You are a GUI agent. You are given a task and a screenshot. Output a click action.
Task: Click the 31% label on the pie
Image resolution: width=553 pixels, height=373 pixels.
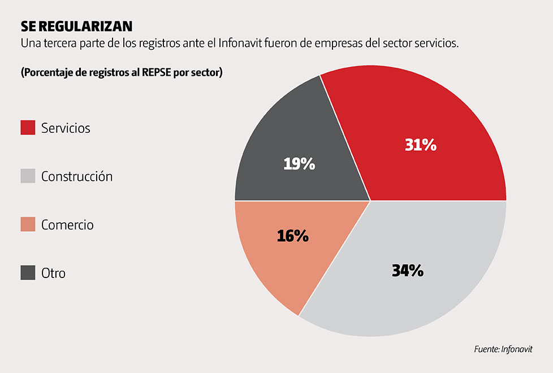click(421, 145)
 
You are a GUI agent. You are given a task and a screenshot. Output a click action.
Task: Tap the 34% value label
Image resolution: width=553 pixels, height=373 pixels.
click(408, 271)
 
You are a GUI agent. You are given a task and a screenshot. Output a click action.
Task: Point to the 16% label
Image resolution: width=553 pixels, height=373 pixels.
click(293, 236)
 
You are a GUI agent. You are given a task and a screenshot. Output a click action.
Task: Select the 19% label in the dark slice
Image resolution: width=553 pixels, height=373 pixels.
click(299, 164)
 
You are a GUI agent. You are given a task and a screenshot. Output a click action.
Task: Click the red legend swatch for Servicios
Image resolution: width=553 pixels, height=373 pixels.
click(28, 128)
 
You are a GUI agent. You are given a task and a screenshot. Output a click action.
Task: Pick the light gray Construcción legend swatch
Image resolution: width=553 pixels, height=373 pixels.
click(28, 176)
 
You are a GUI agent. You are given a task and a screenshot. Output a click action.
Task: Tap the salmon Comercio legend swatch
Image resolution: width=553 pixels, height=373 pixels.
click(28, 225)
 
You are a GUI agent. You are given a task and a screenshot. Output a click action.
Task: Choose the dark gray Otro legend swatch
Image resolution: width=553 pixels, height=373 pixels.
click(28, 274)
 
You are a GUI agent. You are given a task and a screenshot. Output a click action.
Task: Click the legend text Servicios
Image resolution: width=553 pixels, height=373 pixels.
click(66, 128)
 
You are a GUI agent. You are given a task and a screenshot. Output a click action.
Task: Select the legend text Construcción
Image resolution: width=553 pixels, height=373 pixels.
click(77, 176)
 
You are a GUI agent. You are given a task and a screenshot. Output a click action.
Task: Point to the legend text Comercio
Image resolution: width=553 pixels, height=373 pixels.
click(67, 225)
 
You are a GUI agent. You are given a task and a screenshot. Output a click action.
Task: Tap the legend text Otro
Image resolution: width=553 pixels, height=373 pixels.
click(53, 274)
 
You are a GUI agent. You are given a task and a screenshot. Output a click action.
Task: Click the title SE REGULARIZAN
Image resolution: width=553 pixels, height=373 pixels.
click(76, 27)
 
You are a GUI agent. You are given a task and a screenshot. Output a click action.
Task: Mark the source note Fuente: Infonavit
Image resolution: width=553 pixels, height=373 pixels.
click(503, 350)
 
